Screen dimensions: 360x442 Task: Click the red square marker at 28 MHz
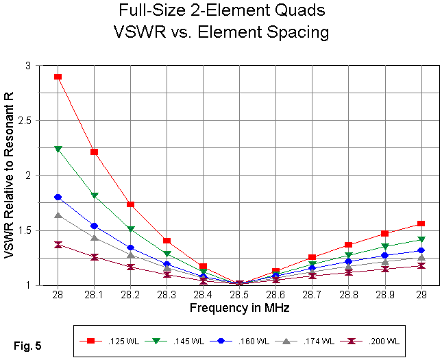click(x=58, y=77)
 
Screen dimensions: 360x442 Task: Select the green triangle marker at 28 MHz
click(x=58, y=149)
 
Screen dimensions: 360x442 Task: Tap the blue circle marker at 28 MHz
click(x=58, y=197)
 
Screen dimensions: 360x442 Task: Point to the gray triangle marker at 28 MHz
click(x=58, y=215)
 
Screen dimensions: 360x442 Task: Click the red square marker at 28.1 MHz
click(x=94, y=152)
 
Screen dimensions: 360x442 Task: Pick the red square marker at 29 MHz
click(x=421, y=224)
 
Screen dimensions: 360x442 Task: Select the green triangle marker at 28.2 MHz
click(x=130, y=229)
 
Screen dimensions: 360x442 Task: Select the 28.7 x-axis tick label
click(x=312, y=294)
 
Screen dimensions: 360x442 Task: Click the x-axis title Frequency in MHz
click(x=239, y=309)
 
